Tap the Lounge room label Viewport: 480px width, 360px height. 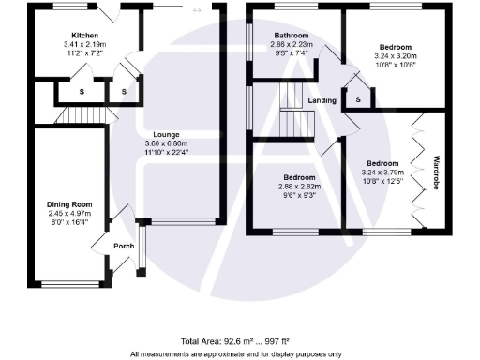168,134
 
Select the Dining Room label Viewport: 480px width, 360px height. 70,203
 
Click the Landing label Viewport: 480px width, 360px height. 322,99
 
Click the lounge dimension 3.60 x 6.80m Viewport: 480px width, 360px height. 168,143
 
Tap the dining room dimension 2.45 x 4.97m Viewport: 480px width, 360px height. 70,213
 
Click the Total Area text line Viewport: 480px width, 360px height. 239,342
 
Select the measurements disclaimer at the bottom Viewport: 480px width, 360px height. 239,353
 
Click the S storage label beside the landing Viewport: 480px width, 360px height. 359,98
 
